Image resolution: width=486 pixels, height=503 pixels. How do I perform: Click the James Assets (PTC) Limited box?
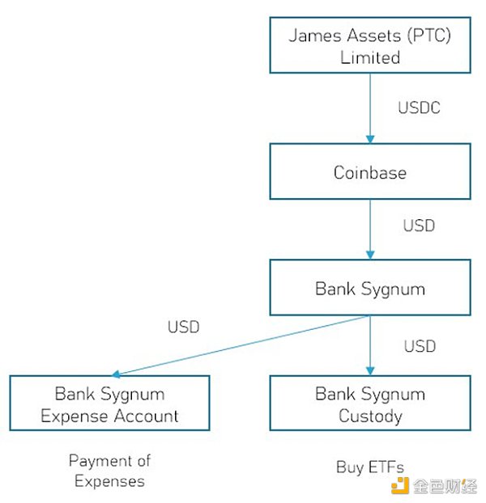click(369, 45)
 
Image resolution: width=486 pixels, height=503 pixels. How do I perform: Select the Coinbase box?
click(369, 171)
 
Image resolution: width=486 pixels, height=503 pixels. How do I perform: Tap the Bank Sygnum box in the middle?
click(369, 287)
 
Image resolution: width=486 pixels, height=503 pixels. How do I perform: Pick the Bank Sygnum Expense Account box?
click(109, 404)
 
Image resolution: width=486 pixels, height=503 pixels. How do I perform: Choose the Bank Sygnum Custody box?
click(369, 404)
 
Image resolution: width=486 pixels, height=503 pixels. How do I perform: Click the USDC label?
click(419, 108)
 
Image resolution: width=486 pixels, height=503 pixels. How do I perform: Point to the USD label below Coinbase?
click(419, 225)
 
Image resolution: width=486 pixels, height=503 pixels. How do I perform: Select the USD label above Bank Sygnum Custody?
click(419, 346)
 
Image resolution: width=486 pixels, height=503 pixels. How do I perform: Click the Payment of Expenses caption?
click(109, 471)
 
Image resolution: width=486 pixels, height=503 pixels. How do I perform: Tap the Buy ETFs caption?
click(369, 467)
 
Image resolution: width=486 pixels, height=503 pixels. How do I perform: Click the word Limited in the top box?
click(369, 57)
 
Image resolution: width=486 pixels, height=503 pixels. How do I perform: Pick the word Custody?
click(369, 416)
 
